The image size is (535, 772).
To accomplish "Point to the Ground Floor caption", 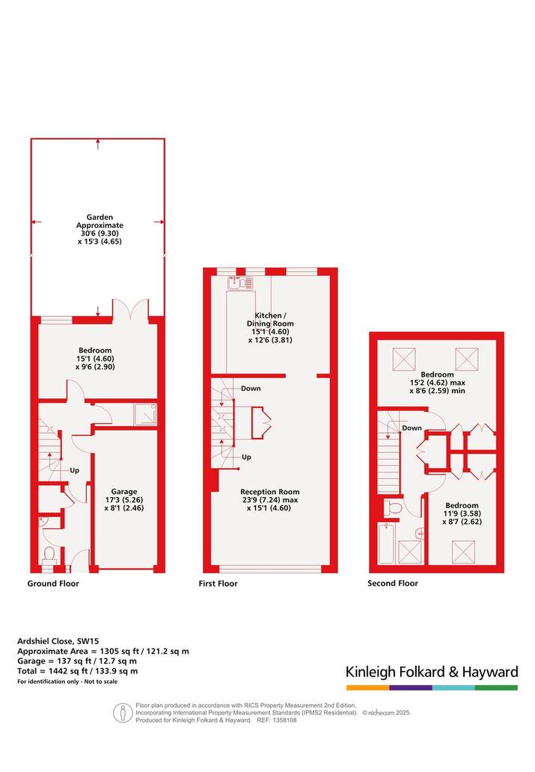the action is point(53,584).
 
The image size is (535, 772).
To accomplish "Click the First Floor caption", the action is point(218,584).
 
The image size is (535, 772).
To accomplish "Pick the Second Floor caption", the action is point(393,584).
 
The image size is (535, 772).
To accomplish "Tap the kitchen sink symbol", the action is point(240,282).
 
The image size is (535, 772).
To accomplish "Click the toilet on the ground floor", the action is point(49,555).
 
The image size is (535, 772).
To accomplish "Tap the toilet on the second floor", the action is point(391,508).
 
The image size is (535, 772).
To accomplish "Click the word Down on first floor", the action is point(251,389).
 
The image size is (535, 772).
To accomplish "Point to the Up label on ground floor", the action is point(75,470).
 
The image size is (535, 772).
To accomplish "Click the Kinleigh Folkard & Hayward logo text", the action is point(432,672).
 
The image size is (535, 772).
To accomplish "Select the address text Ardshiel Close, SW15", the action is point(58,641).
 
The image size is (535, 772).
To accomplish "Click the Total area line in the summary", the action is point(77,670).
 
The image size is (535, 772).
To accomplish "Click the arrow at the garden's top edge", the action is point(98,143).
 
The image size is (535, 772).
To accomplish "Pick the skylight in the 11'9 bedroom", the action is point(463,552).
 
